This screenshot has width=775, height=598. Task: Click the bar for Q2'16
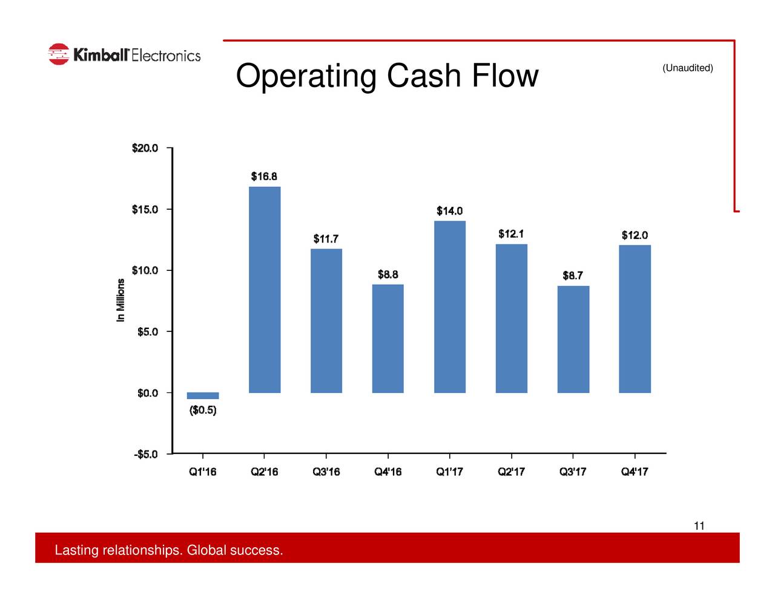pos(265,290)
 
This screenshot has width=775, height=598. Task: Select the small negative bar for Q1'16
pos(203,396)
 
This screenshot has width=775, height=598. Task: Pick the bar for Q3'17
pos(573,339)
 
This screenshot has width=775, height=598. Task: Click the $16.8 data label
pos(265,177)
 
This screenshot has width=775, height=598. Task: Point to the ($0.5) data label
pos(203,411)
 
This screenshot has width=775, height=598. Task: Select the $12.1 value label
pos(511,234)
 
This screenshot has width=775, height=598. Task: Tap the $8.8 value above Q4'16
pos(388,275)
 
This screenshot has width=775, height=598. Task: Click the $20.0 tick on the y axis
pos(145,148)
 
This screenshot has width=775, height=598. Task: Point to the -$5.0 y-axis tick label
pos(146,454)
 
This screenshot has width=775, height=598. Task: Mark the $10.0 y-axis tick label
pos(145,270)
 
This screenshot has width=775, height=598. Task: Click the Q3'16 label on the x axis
pos(326,472)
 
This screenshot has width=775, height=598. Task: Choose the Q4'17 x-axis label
pos(635,472)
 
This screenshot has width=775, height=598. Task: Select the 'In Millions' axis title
pos(121,300)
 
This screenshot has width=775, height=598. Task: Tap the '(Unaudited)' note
pos(688,68)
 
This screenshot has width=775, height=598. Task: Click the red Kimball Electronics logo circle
pos(59,54)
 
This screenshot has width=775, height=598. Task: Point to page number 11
pos(699,525)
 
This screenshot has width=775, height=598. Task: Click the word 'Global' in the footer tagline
pos(206,550)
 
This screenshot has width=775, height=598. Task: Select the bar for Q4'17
pos(635,319)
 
